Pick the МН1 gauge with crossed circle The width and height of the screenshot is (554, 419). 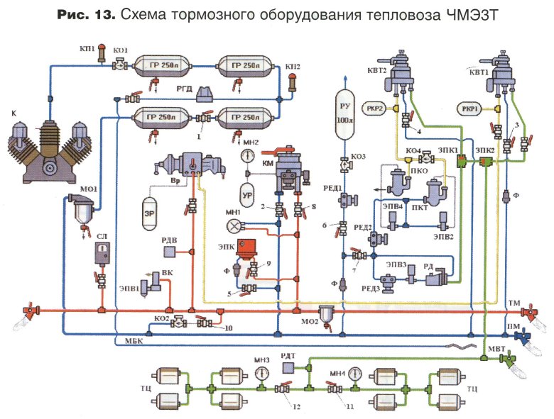point(234,226)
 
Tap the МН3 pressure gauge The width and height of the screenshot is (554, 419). point(261,373)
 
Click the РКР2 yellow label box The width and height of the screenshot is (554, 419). point(376,109)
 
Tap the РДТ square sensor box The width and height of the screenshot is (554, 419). point(290,369)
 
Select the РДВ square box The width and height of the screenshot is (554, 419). point(170,251)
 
